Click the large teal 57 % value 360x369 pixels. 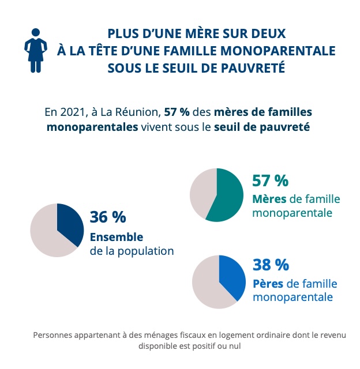pyautogui.click(x=270, y=180)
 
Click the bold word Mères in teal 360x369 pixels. pyautogui.click(x=269, y=199)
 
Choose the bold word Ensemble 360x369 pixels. pyautogui.click(x=116, y=237)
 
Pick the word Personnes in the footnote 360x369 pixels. pyautogui.click(x=54, y=334)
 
